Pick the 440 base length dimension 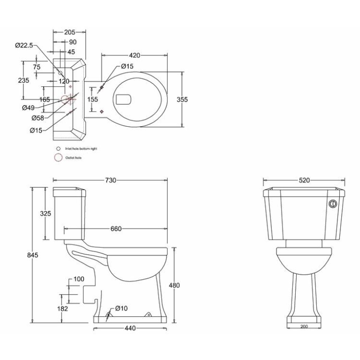130,329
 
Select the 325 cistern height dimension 45,214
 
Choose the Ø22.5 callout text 24,46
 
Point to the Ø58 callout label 38,117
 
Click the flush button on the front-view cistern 333,204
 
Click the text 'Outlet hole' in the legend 74,158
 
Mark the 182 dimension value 63,308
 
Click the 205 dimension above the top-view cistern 69,32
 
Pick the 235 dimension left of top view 23,80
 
